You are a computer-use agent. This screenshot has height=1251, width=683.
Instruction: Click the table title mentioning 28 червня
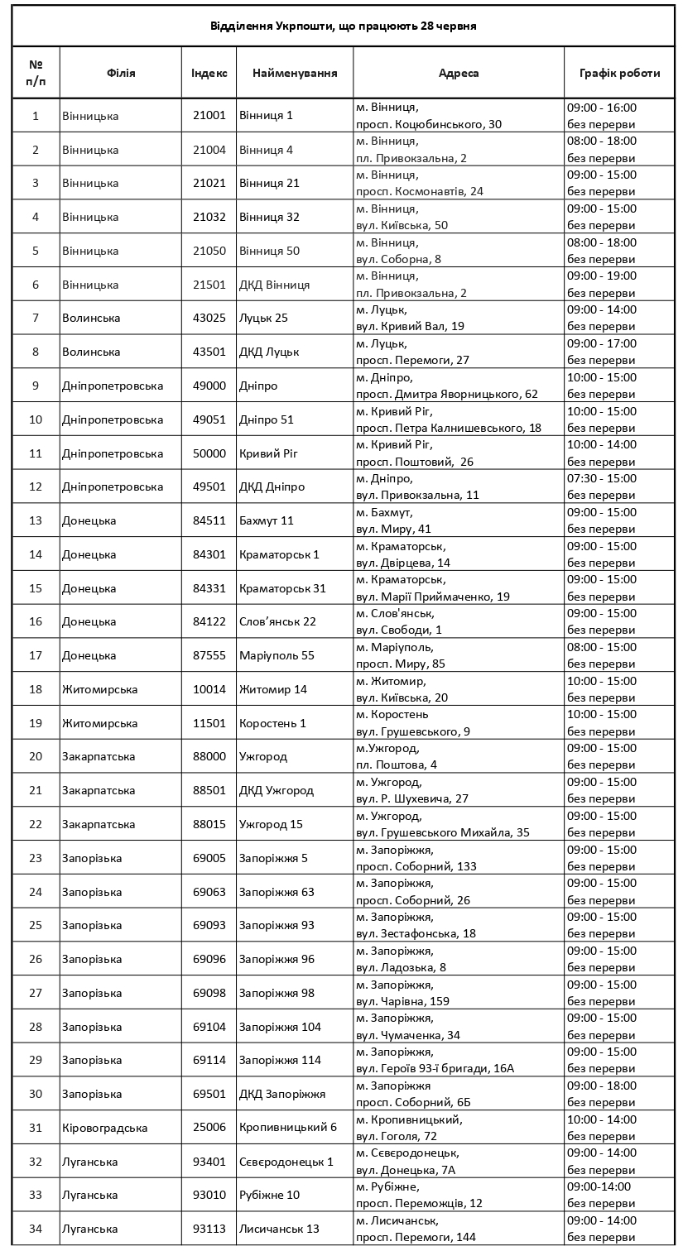[343, 26]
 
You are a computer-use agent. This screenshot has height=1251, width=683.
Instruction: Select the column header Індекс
[209, 73]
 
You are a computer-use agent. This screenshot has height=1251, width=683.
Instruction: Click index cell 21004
[209, 150]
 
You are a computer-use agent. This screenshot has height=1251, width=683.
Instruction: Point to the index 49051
[209, 419]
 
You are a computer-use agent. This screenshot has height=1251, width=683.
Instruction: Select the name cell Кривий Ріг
[267, 453]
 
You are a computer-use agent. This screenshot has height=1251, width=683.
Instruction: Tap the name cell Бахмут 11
[266, 520]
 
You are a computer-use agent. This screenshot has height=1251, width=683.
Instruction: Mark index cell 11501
[209, 723]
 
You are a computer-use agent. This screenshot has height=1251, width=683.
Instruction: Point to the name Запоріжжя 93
[277, 925]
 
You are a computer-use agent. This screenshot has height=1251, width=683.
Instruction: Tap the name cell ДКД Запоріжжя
[282, 1094]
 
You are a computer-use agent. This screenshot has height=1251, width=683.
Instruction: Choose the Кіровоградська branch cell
[105, 1128]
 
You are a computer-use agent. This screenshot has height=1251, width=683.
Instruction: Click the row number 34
[36, 1229]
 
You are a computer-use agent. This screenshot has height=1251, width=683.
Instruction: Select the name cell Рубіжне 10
[269, 1195]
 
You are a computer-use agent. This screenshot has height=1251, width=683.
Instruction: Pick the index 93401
[209, 1162]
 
